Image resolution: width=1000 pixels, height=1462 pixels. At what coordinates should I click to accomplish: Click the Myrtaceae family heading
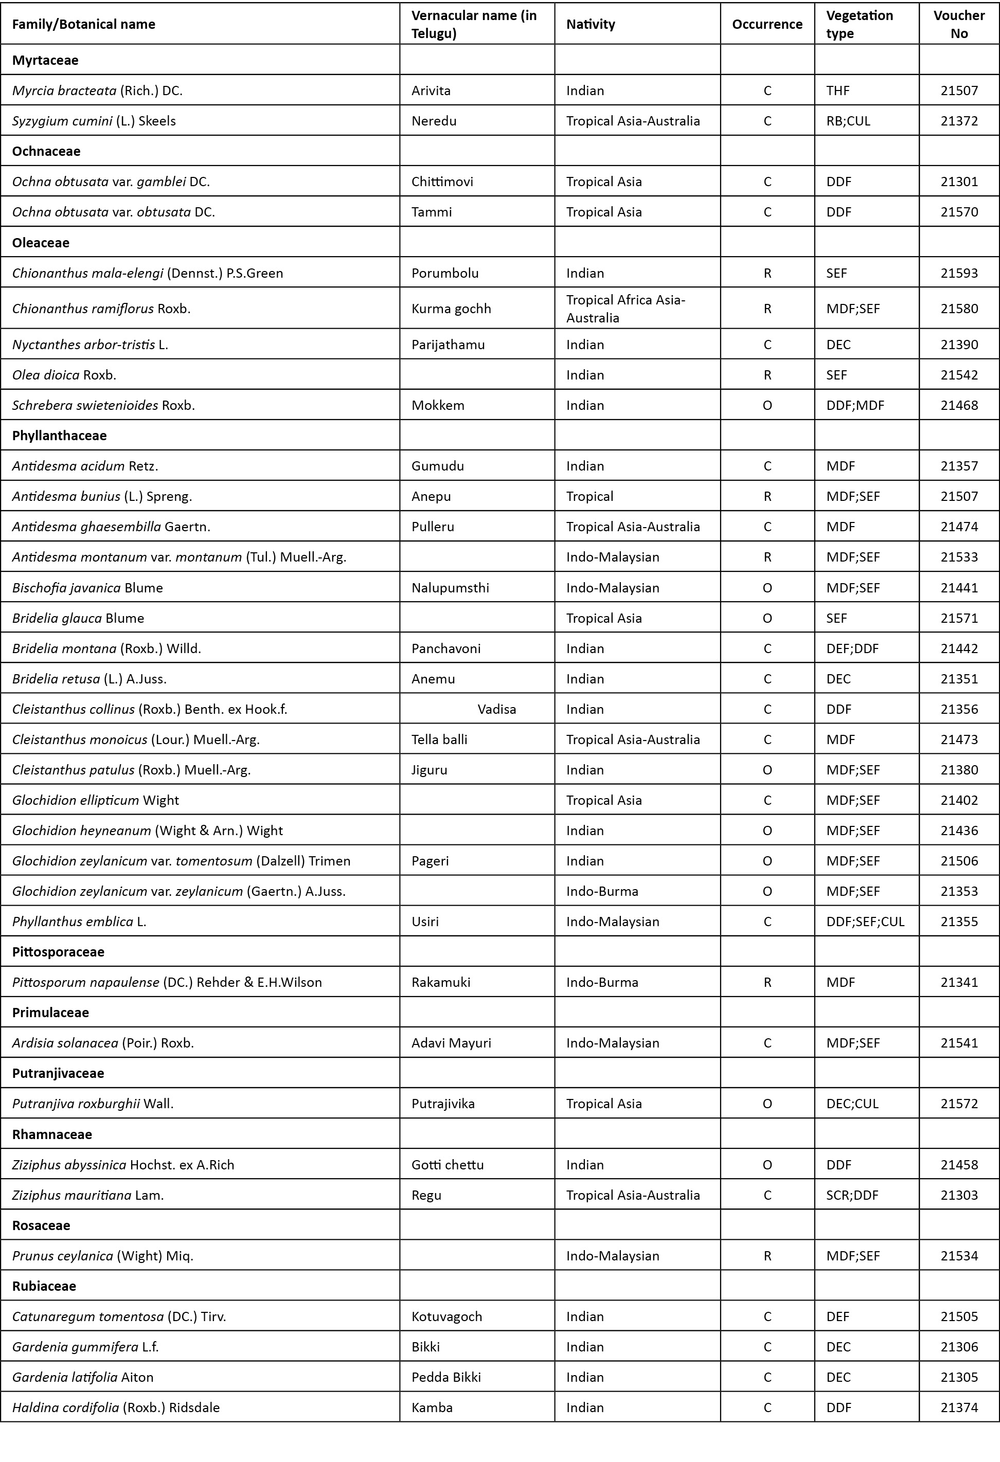point(45,60)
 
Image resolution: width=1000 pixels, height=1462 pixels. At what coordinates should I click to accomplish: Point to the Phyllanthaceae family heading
point(59,436)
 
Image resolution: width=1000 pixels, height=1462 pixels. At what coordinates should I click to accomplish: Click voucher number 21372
point(959,121)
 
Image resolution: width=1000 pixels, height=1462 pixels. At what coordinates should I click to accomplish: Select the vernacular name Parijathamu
point(448,345)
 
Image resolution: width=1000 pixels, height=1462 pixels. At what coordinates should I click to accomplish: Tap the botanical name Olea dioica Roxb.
point(64,375)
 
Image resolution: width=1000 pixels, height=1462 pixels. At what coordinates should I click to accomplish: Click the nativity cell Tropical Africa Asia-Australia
point(626,308)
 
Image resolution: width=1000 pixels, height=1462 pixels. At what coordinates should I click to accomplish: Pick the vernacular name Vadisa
point(496,709)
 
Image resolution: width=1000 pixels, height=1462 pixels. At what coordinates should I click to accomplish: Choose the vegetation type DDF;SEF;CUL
point(865,922)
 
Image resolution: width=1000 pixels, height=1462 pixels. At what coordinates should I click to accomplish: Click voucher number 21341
point(959,982)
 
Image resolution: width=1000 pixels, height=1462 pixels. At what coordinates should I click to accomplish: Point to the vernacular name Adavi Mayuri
point(451,1043)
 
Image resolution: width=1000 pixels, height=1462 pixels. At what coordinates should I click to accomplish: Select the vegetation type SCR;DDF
point(852,1195)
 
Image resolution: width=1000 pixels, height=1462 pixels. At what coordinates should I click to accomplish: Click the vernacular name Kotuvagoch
point(447,1316)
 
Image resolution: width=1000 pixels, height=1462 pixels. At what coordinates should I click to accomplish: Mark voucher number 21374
point(959,1407)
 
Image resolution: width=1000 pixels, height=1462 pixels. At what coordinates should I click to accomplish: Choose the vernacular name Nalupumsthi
point(450,588)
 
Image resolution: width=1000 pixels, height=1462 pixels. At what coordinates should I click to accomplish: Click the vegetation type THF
point(837,91)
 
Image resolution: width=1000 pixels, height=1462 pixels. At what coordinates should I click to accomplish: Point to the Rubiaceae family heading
point(44,1286)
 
